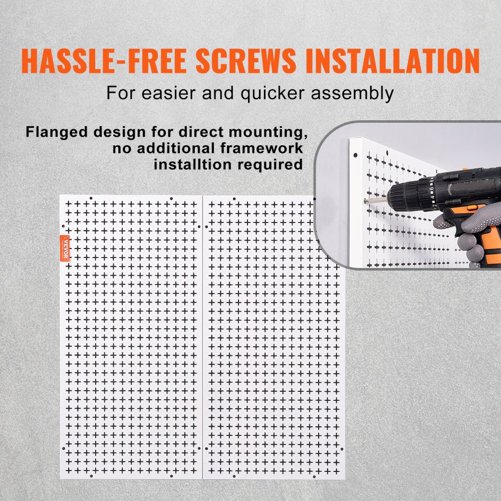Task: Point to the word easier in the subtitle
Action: click(167, 93)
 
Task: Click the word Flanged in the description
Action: click(53, 134)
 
